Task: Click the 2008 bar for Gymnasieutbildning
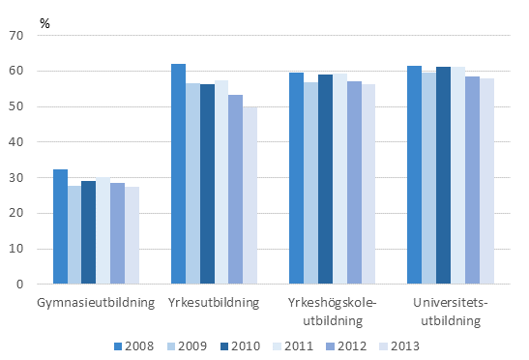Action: click(60, 227)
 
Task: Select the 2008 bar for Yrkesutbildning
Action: click(178, 174)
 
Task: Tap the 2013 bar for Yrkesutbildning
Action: click(250, 195)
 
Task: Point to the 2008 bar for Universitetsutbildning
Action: click(414, 175)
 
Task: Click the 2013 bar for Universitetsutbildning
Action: click(486, 182)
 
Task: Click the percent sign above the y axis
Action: click(44, 18)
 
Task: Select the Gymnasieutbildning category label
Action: click(96, 303)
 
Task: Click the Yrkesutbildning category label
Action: click(215, 303)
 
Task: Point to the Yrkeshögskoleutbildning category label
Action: click(333, 311)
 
